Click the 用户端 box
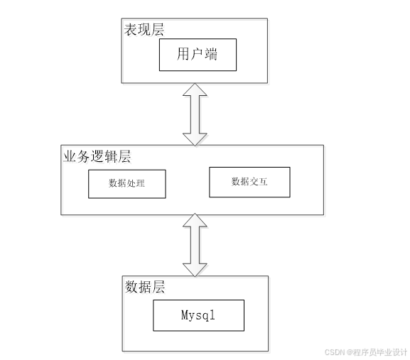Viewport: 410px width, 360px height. point(196,54)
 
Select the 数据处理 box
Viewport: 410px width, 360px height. point(127,183)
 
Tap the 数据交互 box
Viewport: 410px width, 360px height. point(250,182)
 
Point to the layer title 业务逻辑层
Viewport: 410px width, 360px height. point(98,156)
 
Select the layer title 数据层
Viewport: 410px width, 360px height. point(146,287)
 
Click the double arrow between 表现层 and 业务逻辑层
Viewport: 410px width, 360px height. point(194,114)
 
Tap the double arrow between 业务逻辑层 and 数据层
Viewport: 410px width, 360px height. point(194,244)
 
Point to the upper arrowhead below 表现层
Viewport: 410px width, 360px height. point(194,90)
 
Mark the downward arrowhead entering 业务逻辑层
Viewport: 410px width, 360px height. point(194,137)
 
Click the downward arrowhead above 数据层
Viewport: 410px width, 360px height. point(194,268)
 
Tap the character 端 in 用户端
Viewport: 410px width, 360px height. point(212,54)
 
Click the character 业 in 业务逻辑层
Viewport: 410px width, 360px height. point(70,156)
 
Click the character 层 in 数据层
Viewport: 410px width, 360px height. point(158,287)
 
